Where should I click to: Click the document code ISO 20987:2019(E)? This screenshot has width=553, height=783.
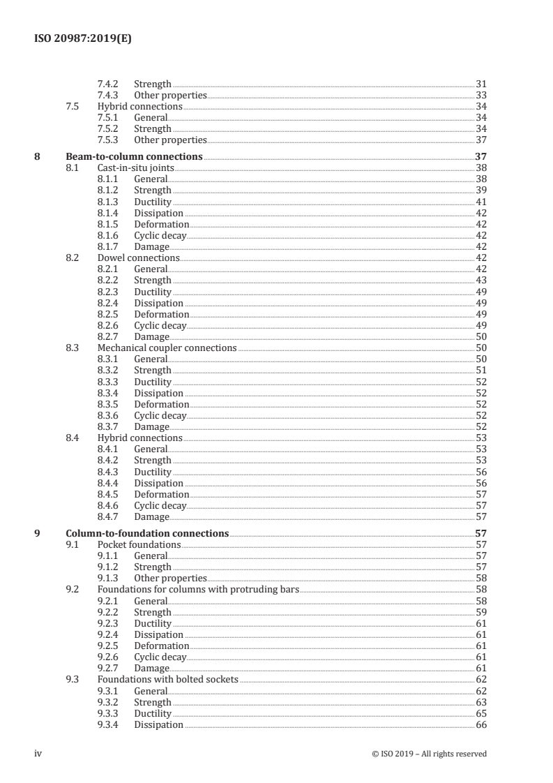(x=82, y=40)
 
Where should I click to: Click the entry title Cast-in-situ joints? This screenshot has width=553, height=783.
(x=135, y=167)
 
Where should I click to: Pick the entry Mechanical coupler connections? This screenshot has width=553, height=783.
(x=167, y=348)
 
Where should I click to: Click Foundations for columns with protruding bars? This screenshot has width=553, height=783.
(x=197, y=590)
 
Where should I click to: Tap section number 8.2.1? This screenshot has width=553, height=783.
(x=112, y=269)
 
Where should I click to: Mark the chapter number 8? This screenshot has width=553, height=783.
(x=38, y=156)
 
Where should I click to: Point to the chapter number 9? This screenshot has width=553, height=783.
(x=38, y=533)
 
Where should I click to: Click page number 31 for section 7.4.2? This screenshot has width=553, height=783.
(x=480, y=84)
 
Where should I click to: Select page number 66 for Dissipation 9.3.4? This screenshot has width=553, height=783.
(x=480, y=724)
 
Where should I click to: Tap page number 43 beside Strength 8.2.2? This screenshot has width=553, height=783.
(x=480, y=280)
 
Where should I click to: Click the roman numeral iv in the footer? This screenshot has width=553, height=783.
(x=38, y=754)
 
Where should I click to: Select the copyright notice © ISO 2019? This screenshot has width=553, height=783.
(x=430, y=754)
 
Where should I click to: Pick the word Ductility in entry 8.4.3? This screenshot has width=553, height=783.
(x=153, y=472)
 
